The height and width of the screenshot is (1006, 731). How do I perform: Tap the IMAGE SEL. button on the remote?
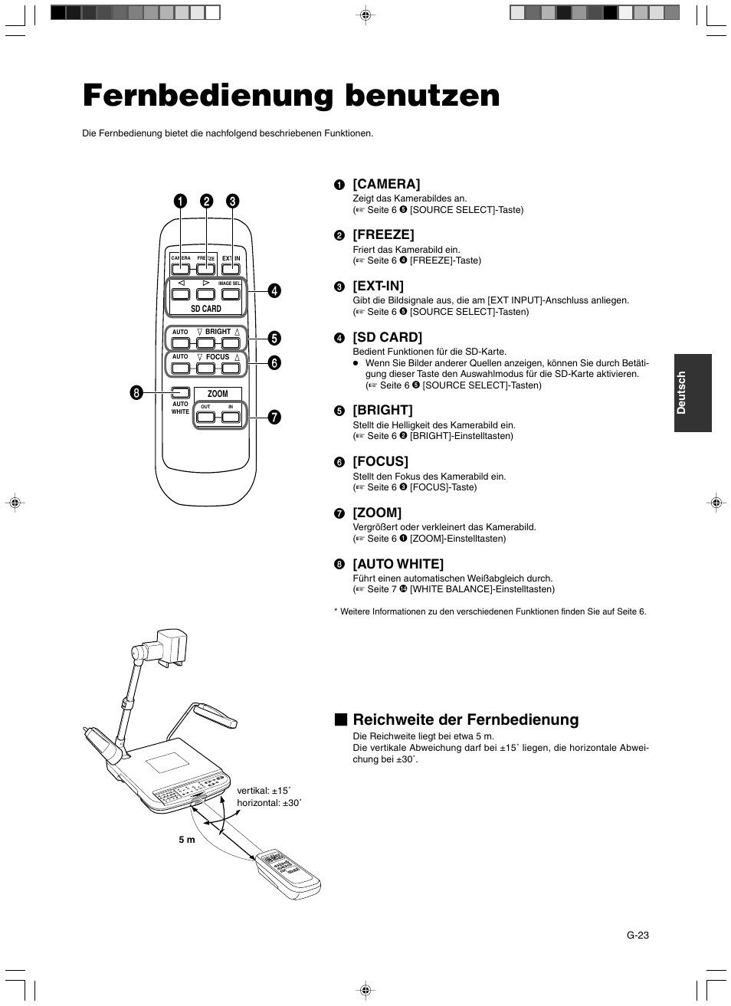tap(231, 294)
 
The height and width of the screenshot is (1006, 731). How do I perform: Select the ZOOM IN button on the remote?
tap(231, 418)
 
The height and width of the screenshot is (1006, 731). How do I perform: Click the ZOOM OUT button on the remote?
tap(205, 418)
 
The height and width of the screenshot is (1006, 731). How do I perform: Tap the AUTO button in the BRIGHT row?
tap(180, 342)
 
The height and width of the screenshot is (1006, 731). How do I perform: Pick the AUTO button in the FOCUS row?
tap(180, 368)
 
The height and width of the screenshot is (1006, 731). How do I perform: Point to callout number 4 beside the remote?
tap(274, 290)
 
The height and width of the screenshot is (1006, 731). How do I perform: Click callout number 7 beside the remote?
tap(274, 418)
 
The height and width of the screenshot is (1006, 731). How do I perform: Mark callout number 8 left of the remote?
tap(136, 393)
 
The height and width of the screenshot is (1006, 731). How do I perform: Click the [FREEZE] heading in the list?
tap(383, 234)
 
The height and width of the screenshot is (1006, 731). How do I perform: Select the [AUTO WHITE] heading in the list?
tap(398, 564)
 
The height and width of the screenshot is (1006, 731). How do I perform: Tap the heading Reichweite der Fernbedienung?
tap(465, 719)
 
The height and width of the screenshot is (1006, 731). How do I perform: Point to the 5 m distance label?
tap(187, 840)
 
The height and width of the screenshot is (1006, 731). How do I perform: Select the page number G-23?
tap(638, 935)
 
